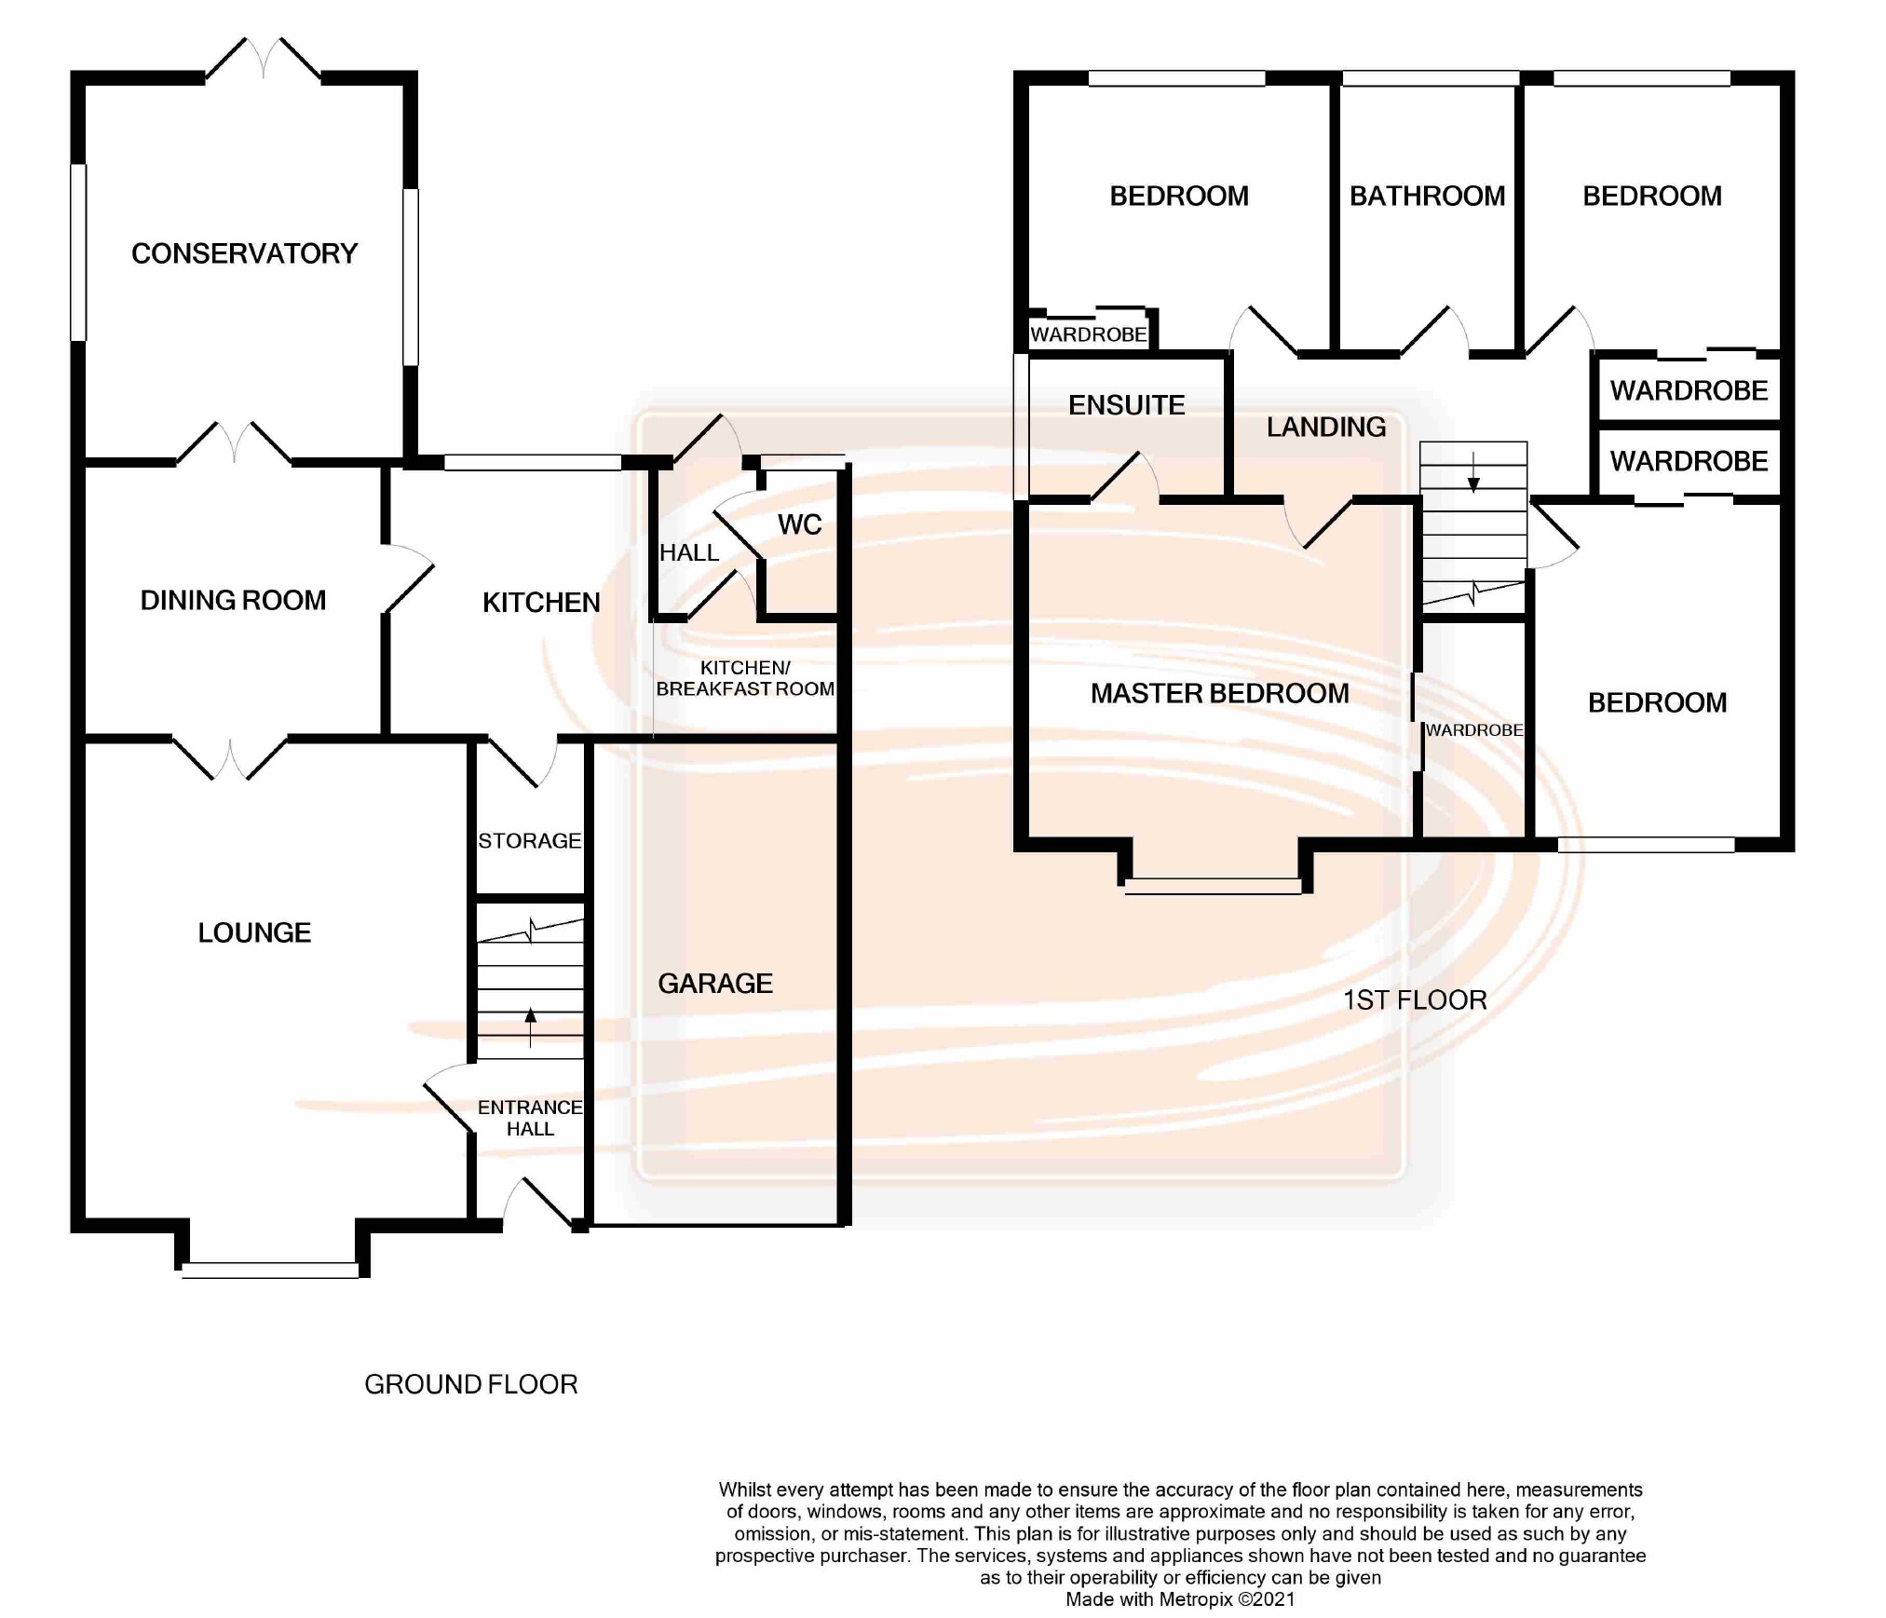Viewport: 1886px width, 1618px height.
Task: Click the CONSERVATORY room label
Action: (x=244, y=253)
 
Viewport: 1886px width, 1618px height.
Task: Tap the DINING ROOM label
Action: (x=233, y=600)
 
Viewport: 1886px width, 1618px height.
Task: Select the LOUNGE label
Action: (x=254, y=932)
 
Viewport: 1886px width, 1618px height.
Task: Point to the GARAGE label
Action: (x=715, y=983)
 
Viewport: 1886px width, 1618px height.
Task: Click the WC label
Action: (x=799, y=524)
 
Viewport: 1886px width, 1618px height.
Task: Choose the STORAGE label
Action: (x=530, y=841)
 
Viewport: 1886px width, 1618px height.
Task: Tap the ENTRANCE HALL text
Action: (x=530, y=1118)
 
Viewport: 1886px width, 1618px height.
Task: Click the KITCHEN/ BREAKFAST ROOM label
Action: (x=745, y=678)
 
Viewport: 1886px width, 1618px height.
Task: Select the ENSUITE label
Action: (x=1126, y=405)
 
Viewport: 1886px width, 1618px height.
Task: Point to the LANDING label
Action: (x=1326, y=427)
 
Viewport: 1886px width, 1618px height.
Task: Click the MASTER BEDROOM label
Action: (x=1219, y=693)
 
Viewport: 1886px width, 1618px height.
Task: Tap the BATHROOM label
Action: (x=1427, y=196)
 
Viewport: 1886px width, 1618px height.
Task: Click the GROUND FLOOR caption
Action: (x=471, y=1384)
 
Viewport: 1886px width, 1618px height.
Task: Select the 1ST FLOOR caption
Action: (x=1415, y=999)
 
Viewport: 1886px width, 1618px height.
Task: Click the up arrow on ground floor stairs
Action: (x=531, y=1027)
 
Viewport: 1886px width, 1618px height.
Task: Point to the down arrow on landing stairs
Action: (x=1473, y=471)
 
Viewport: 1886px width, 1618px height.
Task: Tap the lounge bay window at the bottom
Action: (x=270, y=1271)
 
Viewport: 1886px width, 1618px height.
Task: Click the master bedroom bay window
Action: (x=1213, y=887)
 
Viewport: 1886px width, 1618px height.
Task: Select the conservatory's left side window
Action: (x=79, y=252)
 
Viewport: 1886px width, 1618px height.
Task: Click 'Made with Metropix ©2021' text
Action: (x=1180, y=1599)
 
